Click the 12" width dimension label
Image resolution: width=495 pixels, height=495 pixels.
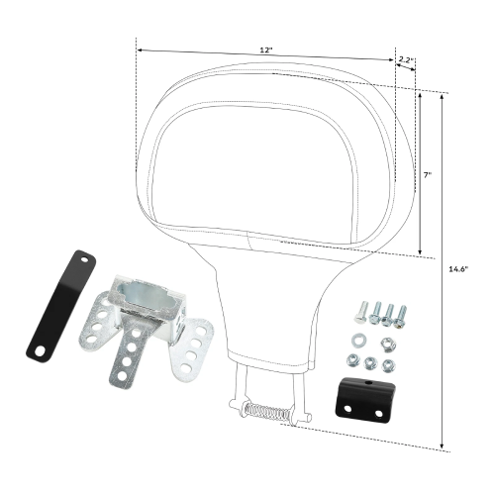[264, 49]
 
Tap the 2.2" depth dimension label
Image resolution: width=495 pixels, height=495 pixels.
[405, 60]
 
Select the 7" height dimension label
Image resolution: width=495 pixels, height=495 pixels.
[427, 174]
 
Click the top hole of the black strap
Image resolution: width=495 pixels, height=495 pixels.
[84, 260]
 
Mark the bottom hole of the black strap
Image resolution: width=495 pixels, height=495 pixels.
[39, 350]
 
